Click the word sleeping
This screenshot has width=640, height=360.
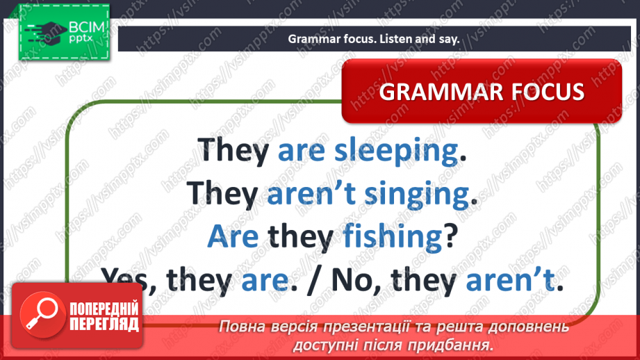(396, 152)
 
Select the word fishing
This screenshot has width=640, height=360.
(393, 237)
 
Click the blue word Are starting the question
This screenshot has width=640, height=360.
(233, 237)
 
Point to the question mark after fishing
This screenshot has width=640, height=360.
(450, 236)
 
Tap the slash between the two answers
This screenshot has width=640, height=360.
(313, 281)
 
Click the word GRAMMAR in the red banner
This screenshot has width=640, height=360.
(436, 92)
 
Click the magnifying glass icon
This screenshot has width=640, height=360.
(42, 315)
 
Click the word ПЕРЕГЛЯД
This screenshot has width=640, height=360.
(104, 324)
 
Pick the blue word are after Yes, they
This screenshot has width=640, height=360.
(265, 280)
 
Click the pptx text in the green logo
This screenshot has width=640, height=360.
(81, 39)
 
